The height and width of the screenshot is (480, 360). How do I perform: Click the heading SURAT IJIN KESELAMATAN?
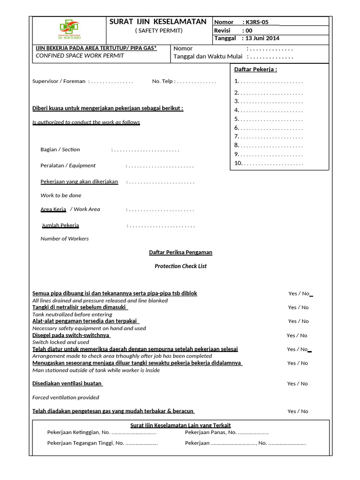(157, 22)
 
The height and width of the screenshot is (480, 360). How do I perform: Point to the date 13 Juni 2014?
(262, 38)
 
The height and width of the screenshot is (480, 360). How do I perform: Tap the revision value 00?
(249, 30)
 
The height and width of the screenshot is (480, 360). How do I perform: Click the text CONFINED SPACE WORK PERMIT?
(80, 55)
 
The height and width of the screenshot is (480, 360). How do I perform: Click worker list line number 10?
(269, 163)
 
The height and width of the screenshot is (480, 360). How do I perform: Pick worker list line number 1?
(269, 81)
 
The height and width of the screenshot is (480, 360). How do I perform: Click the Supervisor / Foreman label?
(59, 81)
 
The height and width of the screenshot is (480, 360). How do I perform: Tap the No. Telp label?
(163, 81)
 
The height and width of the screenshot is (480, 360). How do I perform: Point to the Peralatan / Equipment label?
(68, 165)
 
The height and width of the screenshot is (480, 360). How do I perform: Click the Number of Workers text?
(65, 239)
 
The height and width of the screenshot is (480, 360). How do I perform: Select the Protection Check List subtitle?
(180, 266)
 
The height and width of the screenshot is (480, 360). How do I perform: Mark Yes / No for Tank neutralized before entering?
(298, 307)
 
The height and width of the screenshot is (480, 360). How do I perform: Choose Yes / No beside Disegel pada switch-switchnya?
(297, 336)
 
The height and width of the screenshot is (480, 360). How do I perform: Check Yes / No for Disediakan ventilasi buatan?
(297, 383)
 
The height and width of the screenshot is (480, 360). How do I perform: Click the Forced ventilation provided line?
(66, 397)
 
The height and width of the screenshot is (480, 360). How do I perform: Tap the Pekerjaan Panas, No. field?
(226, 432)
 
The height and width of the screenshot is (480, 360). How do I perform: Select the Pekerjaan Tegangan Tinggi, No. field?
(102, 442)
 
